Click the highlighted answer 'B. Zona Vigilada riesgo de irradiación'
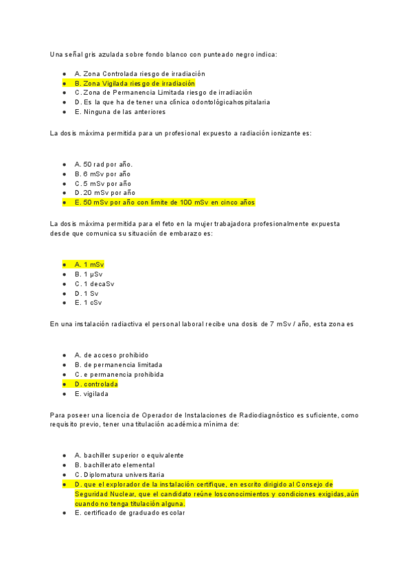coord(135,83)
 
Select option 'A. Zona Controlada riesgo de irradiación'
coord(139,73)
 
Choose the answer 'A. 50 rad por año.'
coord(103,164)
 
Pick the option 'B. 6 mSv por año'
coord(102,174)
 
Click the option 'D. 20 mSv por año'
coord(104,193)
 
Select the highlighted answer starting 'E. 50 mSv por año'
coord(164,202)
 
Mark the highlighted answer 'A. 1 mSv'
coord(89,264)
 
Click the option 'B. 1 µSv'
coord(88,274)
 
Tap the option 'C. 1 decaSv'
coord(94,283)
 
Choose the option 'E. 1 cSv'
coord(88,303)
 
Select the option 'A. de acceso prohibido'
coord(111,355)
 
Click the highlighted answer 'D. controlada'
coord(95,384)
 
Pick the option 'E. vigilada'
coord(91,394)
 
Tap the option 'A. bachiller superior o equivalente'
coord(128,455)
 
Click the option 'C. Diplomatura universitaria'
coord(119,474)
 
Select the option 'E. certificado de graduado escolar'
coord(130,513)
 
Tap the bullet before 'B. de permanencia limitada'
coord(64,365)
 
